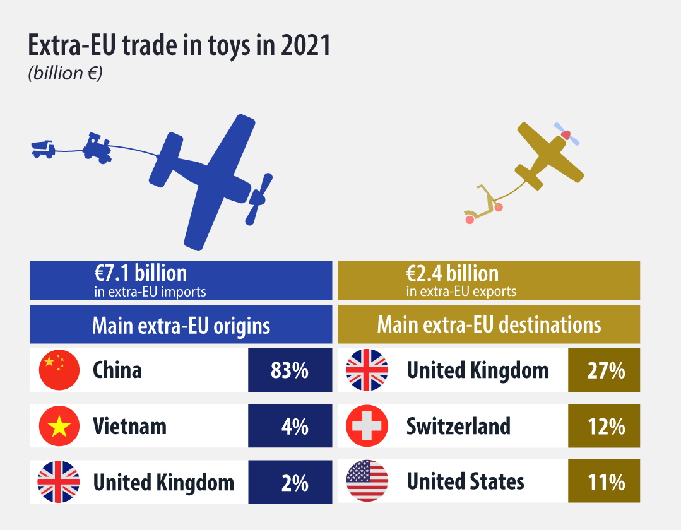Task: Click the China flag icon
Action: [x=59, y=370]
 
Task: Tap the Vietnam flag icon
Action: [x=59, y=426]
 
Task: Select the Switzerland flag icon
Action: [x=367, y=426]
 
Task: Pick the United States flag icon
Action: [x=367, y=482]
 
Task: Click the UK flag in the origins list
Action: [x=59, y=482]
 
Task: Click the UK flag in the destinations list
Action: [x=367, y=370]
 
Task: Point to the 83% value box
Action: [x=290, y=370]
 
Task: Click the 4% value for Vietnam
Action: [x=290, y=426]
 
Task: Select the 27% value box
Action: [x=604, y=370]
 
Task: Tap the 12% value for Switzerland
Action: [x=604, y=426]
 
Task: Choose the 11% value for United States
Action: [x=604, y=482]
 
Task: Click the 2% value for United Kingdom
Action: [x=290, y=482]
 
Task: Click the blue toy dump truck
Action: [x=43, y=149]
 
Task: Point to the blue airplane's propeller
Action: [x=259, y=199]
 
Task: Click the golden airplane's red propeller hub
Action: [x=566, y=134]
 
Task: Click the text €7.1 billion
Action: [x=141, y=274]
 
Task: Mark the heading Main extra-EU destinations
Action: [x=489, y=325]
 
